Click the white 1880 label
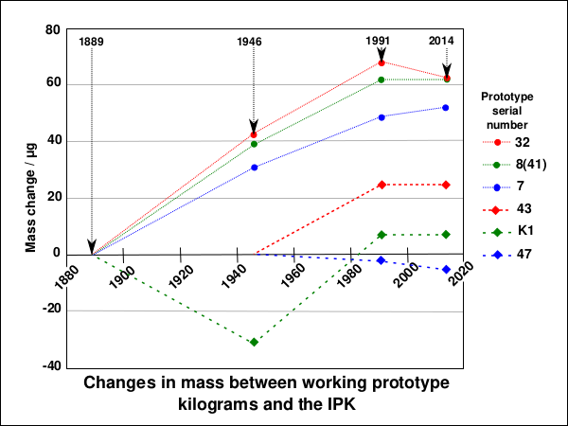click(65, 277)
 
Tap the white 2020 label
click(457, 277)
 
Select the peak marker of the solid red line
click(382, 62)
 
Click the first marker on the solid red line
click(254, 134)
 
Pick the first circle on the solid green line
click(254, 144)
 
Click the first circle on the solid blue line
click(255, 168)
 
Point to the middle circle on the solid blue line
click(382, 117)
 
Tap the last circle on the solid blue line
click(446, 108)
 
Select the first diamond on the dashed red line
click(382, 185)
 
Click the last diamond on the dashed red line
click(446, 185)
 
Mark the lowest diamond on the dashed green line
click(254, 342)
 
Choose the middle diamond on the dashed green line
click(382, 235)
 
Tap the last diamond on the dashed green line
click(446, 234)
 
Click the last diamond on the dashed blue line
click(446, 270)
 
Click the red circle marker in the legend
click(497, 142)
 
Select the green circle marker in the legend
click(497, 165)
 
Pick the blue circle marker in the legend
click(497, 187)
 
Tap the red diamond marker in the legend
click(497, 210)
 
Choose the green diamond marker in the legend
click(497, 232)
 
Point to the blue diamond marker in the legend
click(497, 255)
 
